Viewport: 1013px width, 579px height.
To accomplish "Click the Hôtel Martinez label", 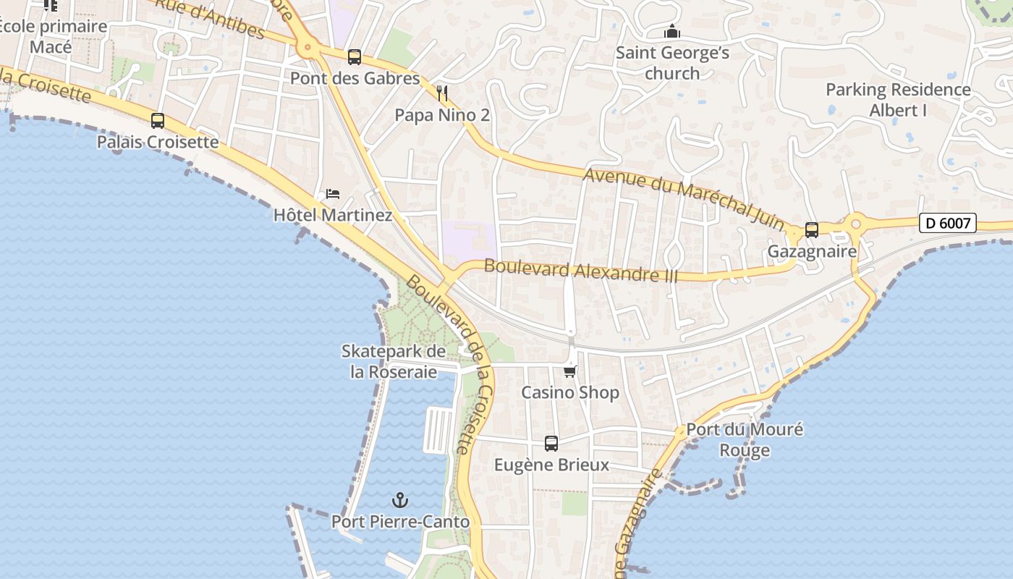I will pyautogui.click(x=333, y=215).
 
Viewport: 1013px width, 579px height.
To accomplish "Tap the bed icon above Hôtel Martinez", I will pyautogui.click(x=333, y=194).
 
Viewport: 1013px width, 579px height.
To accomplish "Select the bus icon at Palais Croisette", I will pyautogui.click(x=158, y=121).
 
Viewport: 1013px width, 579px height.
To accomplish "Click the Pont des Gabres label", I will pyautogui.click(x=355, y=78).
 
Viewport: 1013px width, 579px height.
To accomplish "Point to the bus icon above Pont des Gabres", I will pyautogui.click(x=355, y=57).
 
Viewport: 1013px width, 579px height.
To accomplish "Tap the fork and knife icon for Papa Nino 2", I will pyautogui.click(x=443, y=93).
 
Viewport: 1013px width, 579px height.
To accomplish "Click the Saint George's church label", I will pyautogui.click(x=672, y=63).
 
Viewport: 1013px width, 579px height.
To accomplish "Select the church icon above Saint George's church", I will pyautogui.click(x=672, y=32).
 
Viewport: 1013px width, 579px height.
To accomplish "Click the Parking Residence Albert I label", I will pyautogui.click(x=898, y=100).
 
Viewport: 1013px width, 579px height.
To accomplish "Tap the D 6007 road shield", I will pyautogui.click(x=948, y=223).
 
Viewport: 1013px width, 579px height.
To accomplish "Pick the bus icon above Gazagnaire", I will pyautogui.click(x=812, y=230).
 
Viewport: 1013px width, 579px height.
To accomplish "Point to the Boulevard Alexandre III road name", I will pyautogui.click(x=581, y=271).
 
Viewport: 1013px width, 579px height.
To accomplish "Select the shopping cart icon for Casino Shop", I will pyautogui.click(x=570, y=371).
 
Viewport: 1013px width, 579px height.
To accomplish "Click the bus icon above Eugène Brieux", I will pyautogui.click(x=551, y=444).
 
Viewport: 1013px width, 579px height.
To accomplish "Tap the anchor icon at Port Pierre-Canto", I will pyautogui.click(x=400, y=500).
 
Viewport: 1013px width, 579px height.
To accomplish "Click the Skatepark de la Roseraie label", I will pyautogui.click(x=394, y=362).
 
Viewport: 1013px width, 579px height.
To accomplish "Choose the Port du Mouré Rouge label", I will pyautogui.click(x=745, y=440).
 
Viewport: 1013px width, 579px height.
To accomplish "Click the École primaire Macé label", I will pyautogui.click(x=52, y=37).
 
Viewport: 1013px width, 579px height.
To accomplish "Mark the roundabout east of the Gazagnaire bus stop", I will pyautogui.click(x=856, y=223).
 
